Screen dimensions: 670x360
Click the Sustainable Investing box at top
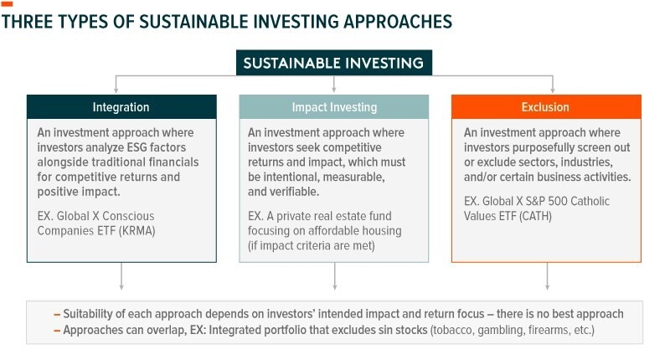[x=333, y=63]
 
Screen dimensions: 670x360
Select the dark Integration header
[x=121, y=107]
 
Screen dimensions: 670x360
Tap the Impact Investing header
[x=333, y=107]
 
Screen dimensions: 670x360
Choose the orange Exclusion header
[x=546, y=107]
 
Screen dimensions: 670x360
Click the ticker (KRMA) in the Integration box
[x=137, y=231]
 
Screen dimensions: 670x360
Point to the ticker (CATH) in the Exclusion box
[x=536, y=216]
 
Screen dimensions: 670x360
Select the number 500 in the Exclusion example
[x=558, y=201]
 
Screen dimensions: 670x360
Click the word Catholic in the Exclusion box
[x=590, y=201]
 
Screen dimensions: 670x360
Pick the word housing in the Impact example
[x=382, y=231]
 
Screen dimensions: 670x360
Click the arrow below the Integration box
[x=121, y=276]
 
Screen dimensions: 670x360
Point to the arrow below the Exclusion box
[x=547, y=276]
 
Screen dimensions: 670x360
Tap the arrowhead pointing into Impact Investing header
[x=333, y=90]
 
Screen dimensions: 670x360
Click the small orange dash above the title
[x=7, y=4]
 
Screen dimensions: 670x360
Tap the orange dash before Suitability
[x=57, y=315]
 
